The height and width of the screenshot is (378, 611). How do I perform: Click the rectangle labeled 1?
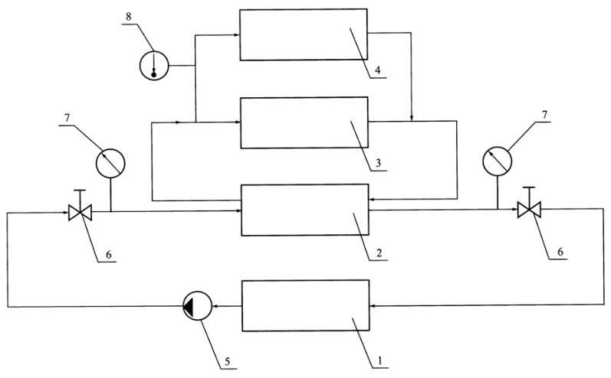pyautogui.click(x=304, y=306)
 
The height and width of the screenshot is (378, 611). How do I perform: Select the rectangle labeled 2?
pyautogui.click(x=304, y=210)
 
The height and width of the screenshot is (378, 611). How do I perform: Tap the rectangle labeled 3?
pyautogui.click(x=304, y=122)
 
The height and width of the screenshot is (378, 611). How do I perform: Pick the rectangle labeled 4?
pyautogui.click(x=304, y=34)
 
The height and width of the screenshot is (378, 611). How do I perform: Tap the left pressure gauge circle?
pyautogui.click(x=110, y=162)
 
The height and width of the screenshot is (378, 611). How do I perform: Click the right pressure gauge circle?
pyautogui.click(x=496, y=161)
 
